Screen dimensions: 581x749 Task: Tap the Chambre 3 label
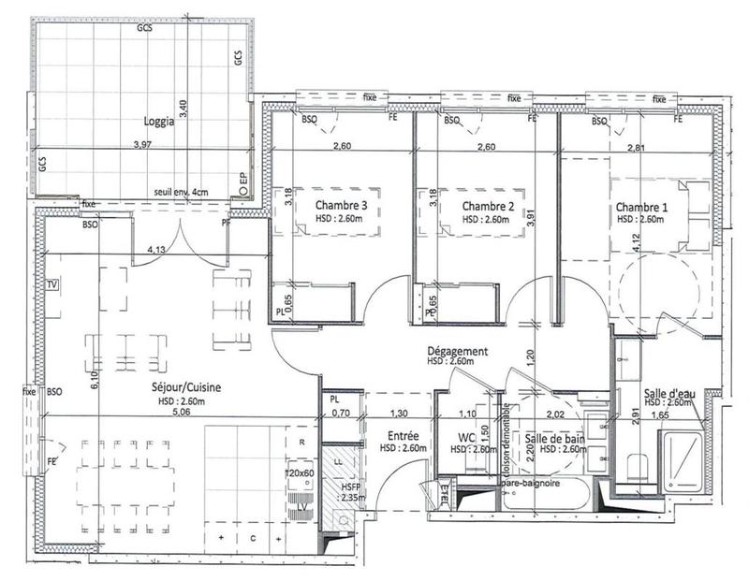click(x=341, y=206)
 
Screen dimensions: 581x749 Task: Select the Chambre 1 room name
click(x=642, y=206)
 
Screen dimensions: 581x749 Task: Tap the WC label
click(x=465, y=436)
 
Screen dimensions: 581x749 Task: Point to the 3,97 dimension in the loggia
click(x=142, y=145)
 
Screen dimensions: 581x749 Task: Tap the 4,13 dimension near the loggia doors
click(x=163, y=249)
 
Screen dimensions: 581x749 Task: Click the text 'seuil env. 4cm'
click(x=184, y=193)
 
